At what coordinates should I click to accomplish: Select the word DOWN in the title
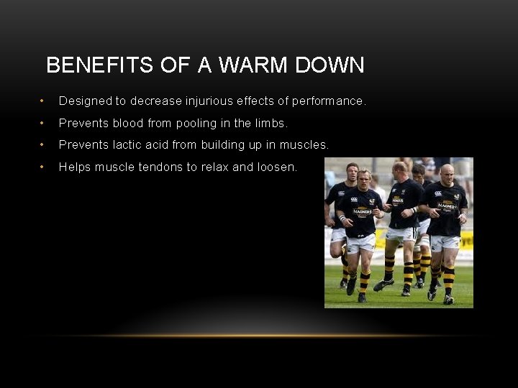[x=332, y=65]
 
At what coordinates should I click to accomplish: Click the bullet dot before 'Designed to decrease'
[x=43, y=101]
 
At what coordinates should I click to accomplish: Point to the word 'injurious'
[x=209, y=101]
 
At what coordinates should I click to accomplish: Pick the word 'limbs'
[x=269, y=123]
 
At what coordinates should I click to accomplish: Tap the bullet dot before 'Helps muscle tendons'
[x=43, y=167]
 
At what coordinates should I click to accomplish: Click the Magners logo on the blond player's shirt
[x=362, y=211]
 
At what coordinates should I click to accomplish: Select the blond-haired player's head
[x=363, y=177]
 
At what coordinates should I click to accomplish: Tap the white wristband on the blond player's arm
[x=343, y=217]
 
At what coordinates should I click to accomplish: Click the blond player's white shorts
[x=360, y=241]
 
